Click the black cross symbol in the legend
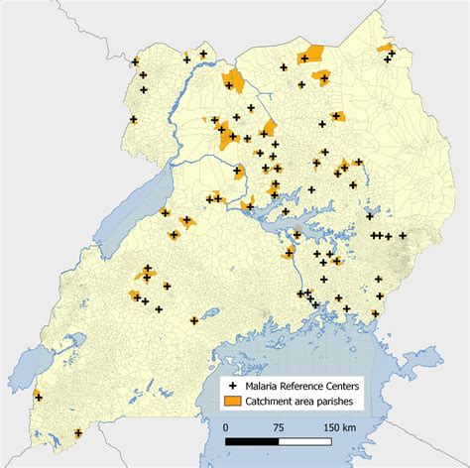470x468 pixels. click(x=233, y=384)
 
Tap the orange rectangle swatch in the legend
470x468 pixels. click(x=233, y=401)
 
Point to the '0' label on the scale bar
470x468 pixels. click(x=226, y=426)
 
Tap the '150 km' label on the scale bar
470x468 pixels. click(x=338, y=426)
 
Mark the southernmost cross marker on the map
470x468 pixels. click(x=78, y=432)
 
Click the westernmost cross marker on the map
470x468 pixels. click(x=38, y=397)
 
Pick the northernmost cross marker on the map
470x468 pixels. click(x=203, y=54)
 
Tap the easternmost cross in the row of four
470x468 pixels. click(x=403, y=236)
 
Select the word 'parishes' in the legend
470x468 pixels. click(x=343, y=401)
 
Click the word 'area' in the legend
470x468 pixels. click(x=310, y=401)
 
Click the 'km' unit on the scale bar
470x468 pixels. click(x=350, y=426)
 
